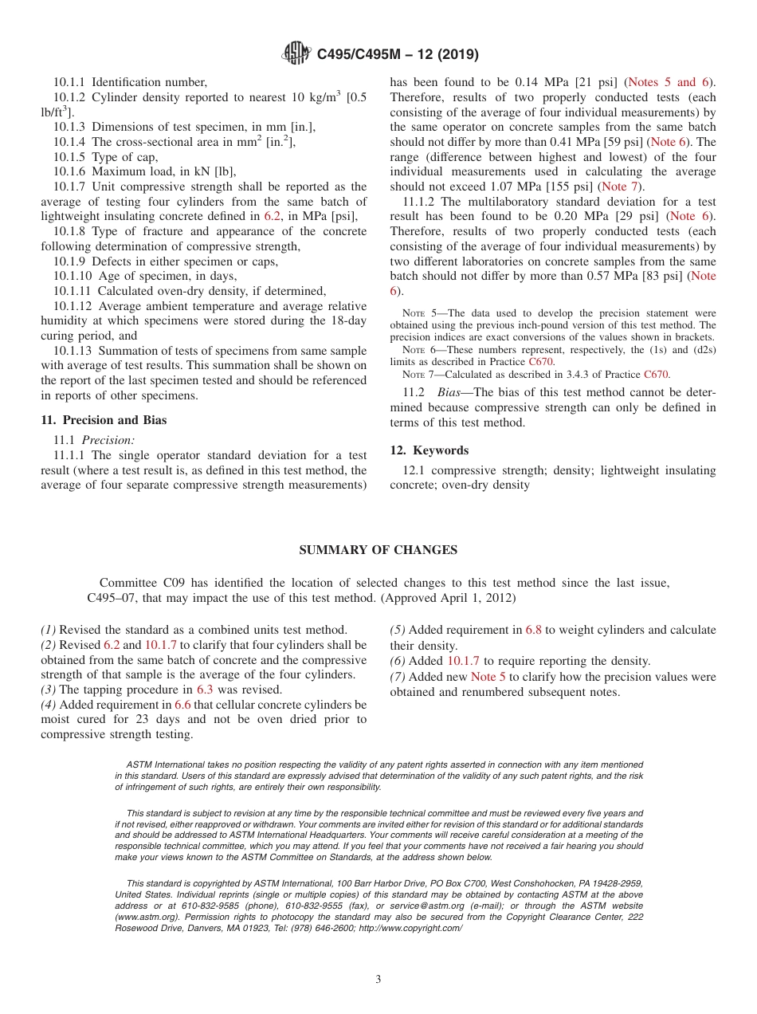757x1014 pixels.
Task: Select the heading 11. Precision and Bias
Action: tap(104, 420)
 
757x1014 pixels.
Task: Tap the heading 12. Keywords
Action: tap(429, 450)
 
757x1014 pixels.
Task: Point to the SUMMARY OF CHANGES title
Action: tap(378, 550)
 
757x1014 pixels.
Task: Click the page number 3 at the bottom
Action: tap(378, 980)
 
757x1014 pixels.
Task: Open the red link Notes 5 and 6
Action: tap(670, 82)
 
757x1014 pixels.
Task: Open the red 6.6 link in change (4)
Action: tap(182, 705)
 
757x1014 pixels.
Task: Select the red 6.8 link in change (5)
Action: tap(533, 630)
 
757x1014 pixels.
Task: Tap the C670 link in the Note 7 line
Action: tap(656, 374)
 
